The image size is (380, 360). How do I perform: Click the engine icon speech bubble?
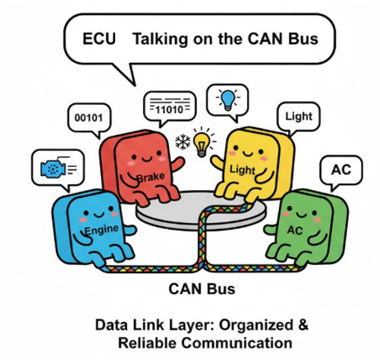tap(54, 167)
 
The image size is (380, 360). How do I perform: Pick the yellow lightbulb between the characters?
tap(200, 140)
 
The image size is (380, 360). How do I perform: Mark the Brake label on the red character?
tap(150, 177)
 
